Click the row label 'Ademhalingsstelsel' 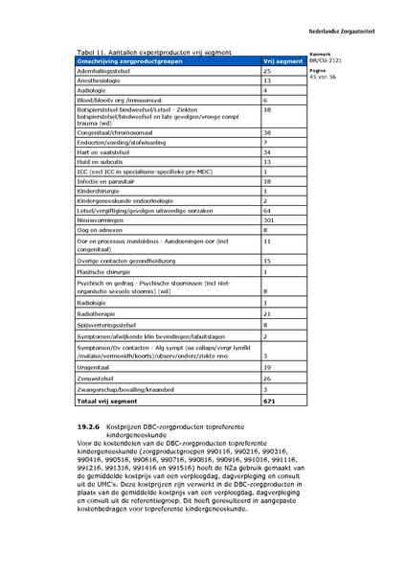coord(105,71)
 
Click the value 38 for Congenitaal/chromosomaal coord(268,132)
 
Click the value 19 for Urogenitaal coord(268,367)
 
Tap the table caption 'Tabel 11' coord(90,51)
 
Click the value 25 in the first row coord(268,71)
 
